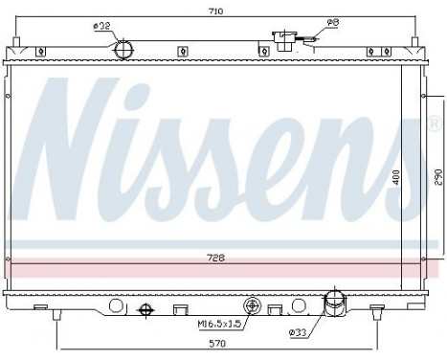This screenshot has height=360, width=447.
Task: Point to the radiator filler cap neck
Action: click(x=286, y=40)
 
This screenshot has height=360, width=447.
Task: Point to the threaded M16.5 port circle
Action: click(x=253, y=306)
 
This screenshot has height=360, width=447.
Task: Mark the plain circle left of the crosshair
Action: click(x=116, y=306)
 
